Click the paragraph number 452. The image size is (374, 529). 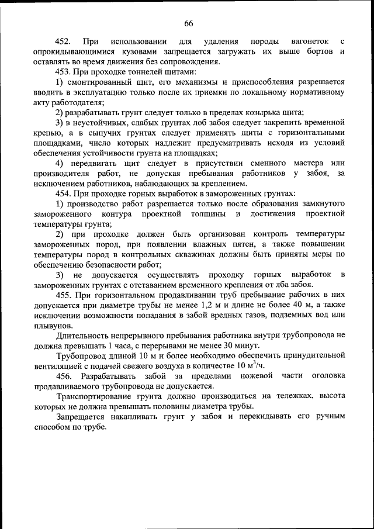(63, 42)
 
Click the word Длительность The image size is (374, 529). (82, 336)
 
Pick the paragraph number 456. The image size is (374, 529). (66, 376)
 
